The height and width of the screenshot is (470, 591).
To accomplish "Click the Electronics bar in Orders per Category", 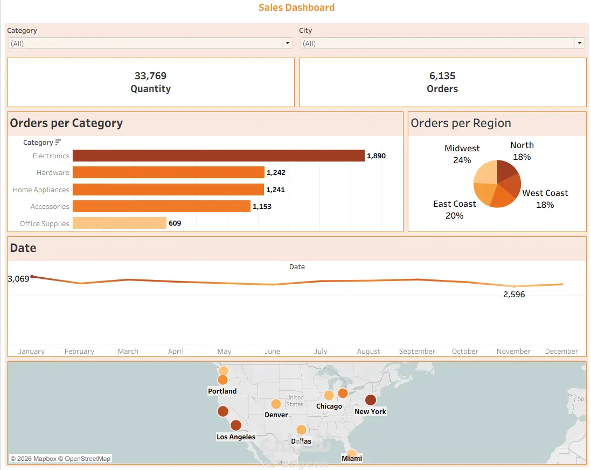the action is [x=219, y=156].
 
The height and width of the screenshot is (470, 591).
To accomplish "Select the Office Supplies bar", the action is [x=120, y=223].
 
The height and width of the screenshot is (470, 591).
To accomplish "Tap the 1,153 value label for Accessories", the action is [x=262, y=206].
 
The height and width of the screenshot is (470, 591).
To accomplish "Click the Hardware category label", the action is [x=53, y=172].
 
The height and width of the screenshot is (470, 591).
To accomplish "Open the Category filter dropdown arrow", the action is [x=288, y=43].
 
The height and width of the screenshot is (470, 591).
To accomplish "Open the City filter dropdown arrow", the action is [x=580, y=43].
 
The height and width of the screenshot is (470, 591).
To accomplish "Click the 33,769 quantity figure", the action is [x=150, y=76].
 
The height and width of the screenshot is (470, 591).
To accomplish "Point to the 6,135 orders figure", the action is [x=442, y=76].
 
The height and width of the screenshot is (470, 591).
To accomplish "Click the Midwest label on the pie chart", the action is [x=462, y=149].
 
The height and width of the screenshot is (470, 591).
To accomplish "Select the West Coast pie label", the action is [x=545, y=193].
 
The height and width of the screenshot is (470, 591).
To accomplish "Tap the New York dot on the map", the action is [x=371, y=400].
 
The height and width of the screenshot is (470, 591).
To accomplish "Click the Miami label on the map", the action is [x=352, y=458].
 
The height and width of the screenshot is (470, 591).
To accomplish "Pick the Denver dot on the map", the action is [x=276, y=404].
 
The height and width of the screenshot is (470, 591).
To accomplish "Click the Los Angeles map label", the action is [x=236, y=437].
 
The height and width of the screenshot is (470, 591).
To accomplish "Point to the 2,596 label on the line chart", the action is [x=514, y=294].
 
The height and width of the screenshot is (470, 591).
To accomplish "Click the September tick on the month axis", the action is [x=417, y=352].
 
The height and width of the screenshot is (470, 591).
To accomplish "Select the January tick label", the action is [x=31, y=352].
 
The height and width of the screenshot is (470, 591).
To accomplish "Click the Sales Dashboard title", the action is [x=297, y=8].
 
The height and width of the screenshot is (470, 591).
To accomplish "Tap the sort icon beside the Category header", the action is [x=58, y=142].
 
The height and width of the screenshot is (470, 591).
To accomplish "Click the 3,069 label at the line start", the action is [x=18, y=279].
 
